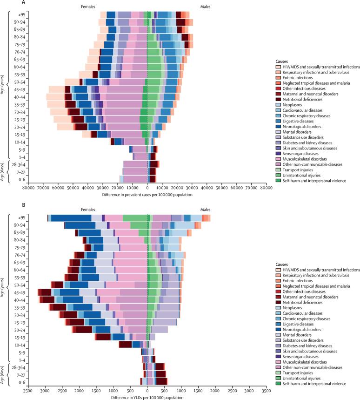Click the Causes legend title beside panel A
click(281, 61)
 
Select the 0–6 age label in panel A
click(20, 179)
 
